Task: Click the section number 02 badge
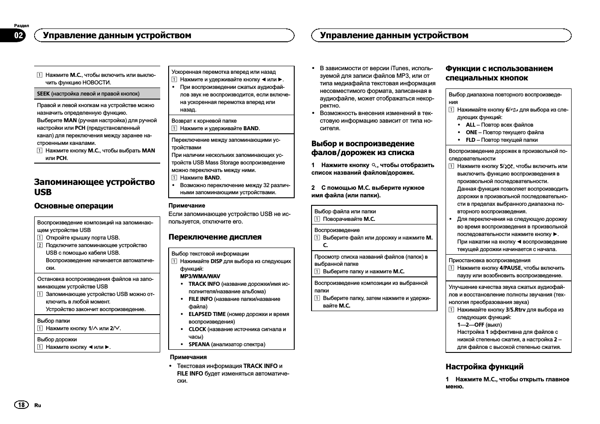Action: point(19,36)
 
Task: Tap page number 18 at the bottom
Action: point(21,405)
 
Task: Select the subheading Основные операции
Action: point(74,206)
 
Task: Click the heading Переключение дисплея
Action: point(215,237)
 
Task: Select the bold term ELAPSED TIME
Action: point(207,314)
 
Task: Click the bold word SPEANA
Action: point(199,344)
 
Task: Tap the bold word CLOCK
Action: point(197,329)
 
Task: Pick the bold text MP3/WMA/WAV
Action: point(200,276)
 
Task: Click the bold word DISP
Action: point(216,261)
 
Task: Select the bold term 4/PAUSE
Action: point(510,268)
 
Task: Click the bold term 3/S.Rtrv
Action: point(515,310)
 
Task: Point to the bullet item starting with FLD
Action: point(501,140)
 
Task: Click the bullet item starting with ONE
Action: point(504,132)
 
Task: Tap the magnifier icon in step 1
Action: point(374,165)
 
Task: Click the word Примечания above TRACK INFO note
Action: point(188,357)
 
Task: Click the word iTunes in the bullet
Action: point(399,68)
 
